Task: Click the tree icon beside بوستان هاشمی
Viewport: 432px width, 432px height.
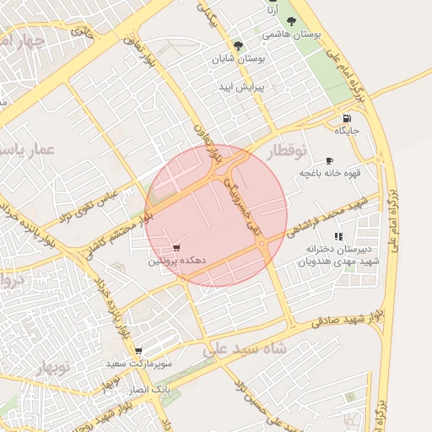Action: point(292,22)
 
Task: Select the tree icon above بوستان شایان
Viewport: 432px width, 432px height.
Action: point(239,46)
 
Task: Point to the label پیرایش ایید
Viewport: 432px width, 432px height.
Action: point(242,87)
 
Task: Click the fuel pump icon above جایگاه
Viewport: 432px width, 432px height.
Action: point(346,117)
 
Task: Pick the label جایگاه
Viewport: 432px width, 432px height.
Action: point(347,131)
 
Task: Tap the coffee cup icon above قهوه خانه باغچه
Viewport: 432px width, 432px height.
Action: point(329,160)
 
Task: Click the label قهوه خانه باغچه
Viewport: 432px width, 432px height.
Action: point(329,173)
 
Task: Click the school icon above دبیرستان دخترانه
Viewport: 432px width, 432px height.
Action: point(338,236)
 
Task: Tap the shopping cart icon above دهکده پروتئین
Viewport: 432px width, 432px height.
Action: point(176,248)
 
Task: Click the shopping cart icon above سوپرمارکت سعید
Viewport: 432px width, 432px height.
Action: point(138,351)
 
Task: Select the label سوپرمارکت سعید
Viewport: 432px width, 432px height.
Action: point(138,363)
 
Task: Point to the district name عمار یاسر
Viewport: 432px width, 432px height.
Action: point(29,149)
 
